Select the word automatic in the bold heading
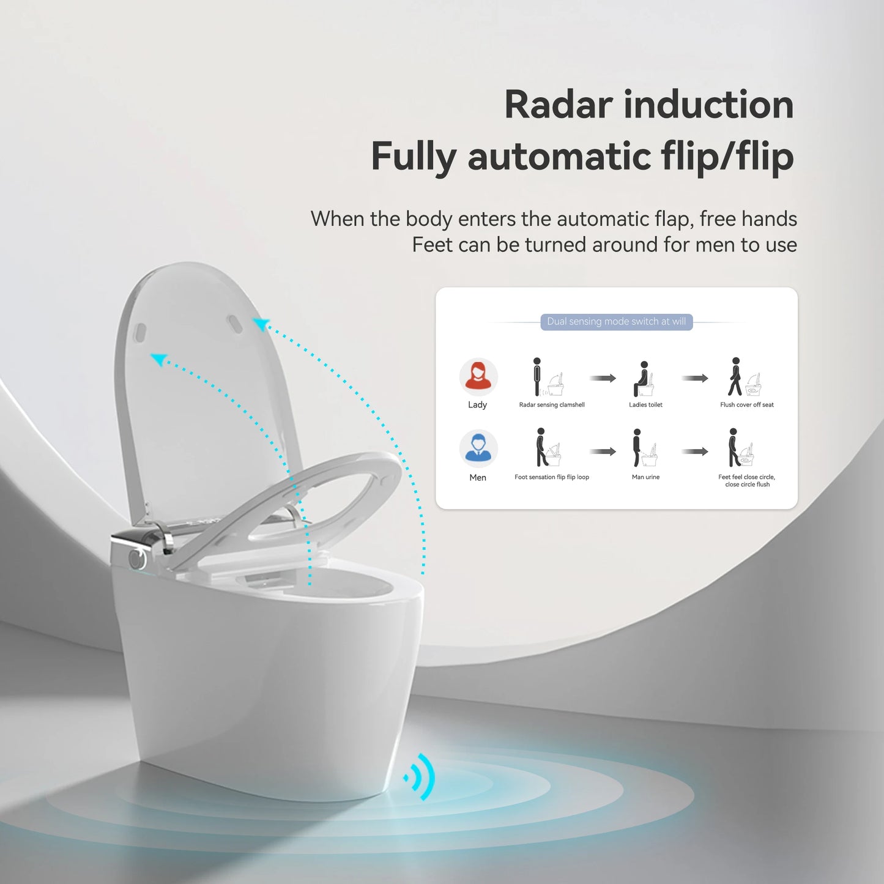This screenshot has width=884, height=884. click(559, 157)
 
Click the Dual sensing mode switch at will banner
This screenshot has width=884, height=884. click(616, 322)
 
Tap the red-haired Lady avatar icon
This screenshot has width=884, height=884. click(478, 376)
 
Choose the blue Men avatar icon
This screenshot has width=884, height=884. click(478, 448)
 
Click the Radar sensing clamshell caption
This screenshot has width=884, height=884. click(552, 405)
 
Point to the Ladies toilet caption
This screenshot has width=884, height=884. click(645, 405)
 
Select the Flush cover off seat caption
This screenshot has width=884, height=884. click(746, 405)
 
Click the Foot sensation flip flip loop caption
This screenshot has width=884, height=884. click(552, 477)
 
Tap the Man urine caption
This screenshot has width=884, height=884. click(645, 477)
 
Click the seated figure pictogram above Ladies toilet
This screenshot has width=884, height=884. click(643, 379)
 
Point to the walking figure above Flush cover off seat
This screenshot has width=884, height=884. click(735, 377)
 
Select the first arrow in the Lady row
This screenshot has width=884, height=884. click(603, 378)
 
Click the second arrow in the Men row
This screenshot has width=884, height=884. click(695, 451)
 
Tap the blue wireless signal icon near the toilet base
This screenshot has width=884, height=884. click(421, 777)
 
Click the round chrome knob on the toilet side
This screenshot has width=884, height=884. click(136, 557)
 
